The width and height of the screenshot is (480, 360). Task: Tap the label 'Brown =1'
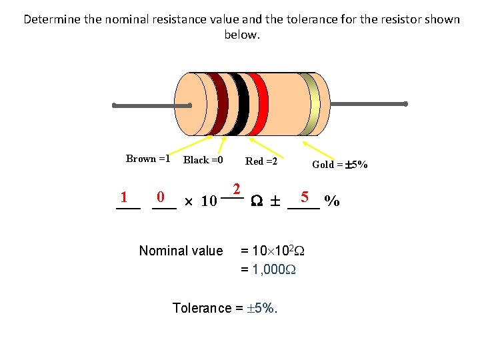pos(148,159)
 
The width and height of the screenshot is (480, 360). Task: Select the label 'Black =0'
pos(203,160)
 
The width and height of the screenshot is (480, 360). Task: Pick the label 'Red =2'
pos(261,161)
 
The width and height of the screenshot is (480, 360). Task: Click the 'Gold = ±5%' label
pos(340,165)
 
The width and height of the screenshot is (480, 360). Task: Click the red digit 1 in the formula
pos(124,197)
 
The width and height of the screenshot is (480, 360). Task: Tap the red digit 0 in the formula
pos(160,197)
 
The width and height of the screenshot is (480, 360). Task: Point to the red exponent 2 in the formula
pos(236,189)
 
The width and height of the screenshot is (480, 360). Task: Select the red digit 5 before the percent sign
pos(304,197)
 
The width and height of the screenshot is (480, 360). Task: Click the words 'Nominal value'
pos(181,251)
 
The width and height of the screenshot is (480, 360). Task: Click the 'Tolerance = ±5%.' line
pos(225,308)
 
